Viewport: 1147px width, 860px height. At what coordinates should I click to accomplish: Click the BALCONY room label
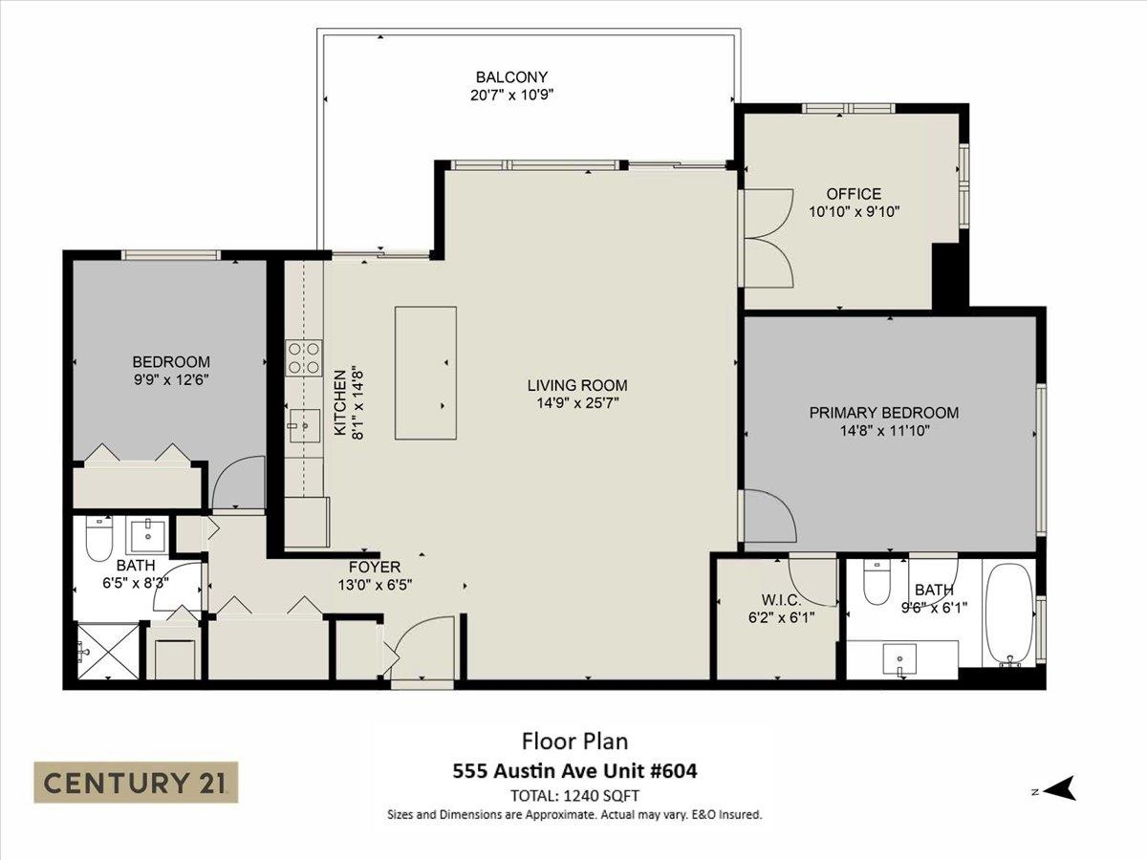(x=511, y=77)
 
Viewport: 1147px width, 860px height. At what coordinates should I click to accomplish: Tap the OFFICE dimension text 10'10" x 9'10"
(x=854, y=211)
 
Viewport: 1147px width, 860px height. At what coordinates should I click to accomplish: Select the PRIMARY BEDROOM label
(x=883, y=413)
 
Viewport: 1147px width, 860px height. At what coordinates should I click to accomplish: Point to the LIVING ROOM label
(x=577, y=385)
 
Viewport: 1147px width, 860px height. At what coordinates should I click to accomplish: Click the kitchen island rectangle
(x=425, y=373)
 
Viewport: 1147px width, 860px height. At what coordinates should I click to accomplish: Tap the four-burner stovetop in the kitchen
(x=304, y=357)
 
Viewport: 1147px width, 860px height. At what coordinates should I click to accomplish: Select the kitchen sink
(x=305, y=425)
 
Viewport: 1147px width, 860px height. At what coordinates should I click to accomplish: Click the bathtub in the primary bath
(x=1009, y=614)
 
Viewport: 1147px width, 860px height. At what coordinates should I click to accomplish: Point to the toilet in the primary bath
(x=876, y=582)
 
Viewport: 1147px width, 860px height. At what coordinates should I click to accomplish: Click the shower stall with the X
(x=109, y=651)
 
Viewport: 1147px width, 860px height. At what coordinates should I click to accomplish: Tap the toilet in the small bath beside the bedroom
(x=98, y=539)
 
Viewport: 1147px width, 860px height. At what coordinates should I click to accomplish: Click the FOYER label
(x=375, y=567)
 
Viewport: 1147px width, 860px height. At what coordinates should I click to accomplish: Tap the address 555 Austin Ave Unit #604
(x=574, y=771)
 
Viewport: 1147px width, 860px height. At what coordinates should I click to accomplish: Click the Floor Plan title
(x=574, y=741)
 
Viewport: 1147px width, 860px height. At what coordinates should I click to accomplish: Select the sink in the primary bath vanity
(x=899, y=659)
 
